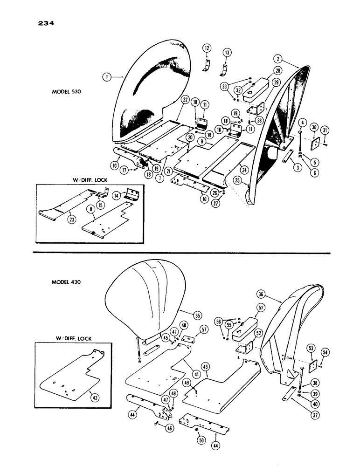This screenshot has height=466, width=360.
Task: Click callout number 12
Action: click(x=207, y=48)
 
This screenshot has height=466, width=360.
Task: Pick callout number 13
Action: click(x=227, y=53)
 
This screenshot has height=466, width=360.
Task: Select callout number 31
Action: click(x=326, y=129)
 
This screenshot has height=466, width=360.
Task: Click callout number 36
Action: click(x=260, y=294)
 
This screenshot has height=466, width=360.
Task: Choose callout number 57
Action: click(x=204, y=329)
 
